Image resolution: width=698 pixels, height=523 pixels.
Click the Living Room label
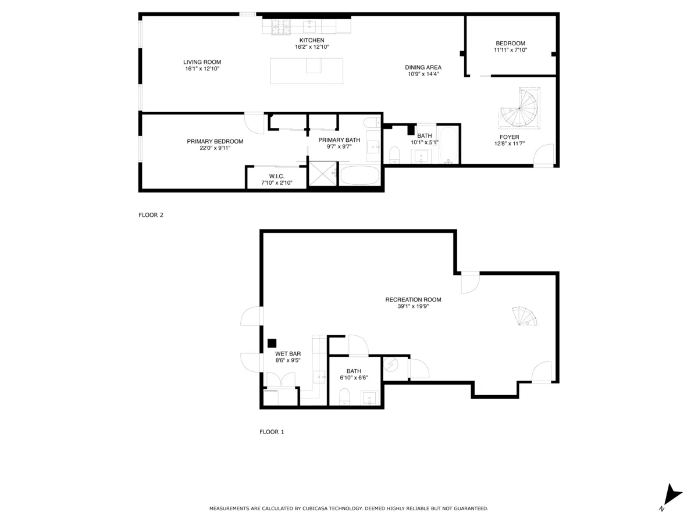202,62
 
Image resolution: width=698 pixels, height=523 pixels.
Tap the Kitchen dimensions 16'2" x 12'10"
312,46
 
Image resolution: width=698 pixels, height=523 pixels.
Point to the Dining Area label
423,67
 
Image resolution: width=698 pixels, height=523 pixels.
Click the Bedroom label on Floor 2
510,43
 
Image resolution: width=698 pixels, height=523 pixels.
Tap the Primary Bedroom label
215,141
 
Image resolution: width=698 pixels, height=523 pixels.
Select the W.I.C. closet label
276,176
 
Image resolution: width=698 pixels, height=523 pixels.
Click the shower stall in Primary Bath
322,173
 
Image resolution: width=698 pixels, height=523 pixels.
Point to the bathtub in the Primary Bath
359,175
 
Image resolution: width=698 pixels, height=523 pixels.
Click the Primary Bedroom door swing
254,123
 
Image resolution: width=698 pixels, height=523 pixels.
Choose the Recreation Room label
413,300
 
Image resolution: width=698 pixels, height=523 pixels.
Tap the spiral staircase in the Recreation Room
525,317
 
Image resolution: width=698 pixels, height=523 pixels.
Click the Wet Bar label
287,353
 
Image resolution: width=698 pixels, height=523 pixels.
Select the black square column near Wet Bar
272,343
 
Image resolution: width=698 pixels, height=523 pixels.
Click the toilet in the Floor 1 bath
344,397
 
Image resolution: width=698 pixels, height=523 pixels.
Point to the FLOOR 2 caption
151,215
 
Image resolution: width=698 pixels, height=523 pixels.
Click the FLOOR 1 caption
272,432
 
